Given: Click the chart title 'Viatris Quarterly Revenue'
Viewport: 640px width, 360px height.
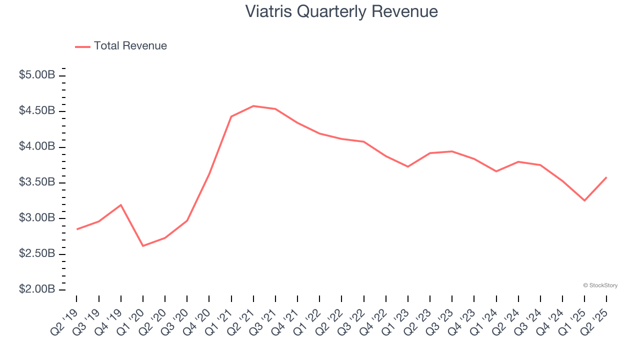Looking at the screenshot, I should pos(341,11).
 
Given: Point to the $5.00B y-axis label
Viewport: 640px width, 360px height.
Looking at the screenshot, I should pos(37,75).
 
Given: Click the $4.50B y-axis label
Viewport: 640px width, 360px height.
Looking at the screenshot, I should pos(37,110).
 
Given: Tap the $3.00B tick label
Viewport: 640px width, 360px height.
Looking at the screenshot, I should pos(37,218).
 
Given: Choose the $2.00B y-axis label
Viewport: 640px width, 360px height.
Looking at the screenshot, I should pos(37,289).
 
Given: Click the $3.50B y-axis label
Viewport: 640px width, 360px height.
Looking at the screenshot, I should pos(37,182).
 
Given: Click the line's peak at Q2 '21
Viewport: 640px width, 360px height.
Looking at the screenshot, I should pos(253,106).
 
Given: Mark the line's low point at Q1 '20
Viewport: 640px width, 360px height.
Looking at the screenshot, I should pos(143,246).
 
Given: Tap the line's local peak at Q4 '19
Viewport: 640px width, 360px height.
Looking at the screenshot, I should pos(121,204).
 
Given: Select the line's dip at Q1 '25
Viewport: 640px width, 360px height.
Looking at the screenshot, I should pos(584,200).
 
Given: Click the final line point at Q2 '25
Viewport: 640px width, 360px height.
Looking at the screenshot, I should pos(606,177).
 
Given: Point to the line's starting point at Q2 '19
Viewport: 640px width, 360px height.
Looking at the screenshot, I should pos(76,229).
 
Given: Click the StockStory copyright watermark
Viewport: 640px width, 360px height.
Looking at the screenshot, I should pos(600,285).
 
